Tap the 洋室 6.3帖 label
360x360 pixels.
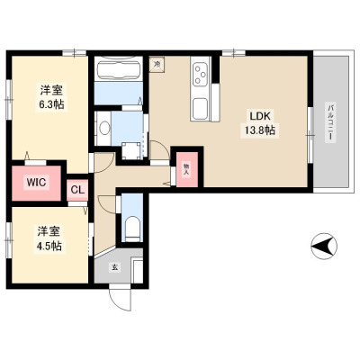tap(51, 96)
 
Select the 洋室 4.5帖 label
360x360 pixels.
tap(49, 238)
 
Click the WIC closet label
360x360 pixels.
tap(36, 182)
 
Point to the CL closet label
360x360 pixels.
tap(77, 190)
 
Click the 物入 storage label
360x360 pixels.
tap(186, 170)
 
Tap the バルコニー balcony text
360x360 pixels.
tap(330, 122)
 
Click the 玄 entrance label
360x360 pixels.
tap(114, 267)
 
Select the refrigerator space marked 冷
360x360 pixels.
tap(157, 64)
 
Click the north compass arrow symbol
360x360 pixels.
tap(324, 246)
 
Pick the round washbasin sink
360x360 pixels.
tap(104, 129)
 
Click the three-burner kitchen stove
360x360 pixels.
tap(201, 72)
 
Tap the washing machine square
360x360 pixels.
tap(131, 151)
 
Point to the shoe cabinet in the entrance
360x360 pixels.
tap(138, 272)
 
